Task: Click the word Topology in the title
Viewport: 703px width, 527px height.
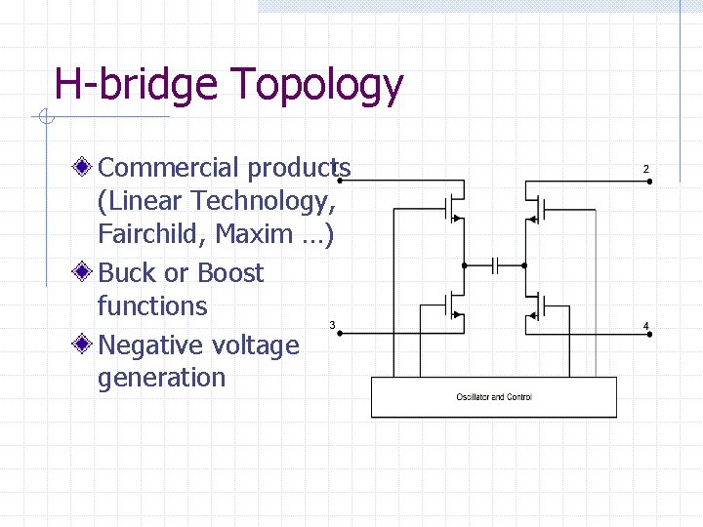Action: (x=317, y=86)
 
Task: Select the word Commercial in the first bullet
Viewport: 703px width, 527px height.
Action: (x=168, y=168)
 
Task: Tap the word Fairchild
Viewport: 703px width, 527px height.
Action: (x=146, y=234)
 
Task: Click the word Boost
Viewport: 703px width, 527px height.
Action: (x=230, y=272)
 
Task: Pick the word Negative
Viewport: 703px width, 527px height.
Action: (x=158, y=345)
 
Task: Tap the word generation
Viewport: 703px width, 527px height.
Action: (x=161, y=379)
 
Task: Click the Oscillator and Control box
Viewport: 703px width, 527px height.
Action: (x=494, y=397)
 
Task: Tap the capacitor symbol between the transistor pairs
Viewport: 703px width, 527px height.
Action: (x=496, y=264)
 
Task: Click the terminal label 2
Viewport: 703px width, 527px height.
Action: (x=645, y=170)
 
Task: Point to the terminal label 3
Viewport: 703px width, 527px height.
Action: (x=332, y=324)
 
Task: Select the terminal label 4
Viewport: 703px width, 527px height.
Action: (x=645, y=326)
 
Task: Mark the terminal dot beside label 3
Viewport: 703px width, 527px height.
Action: (x=338, y=337)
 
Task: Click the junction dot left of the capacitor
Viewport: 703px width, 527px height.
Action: (x=466, y=264)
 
